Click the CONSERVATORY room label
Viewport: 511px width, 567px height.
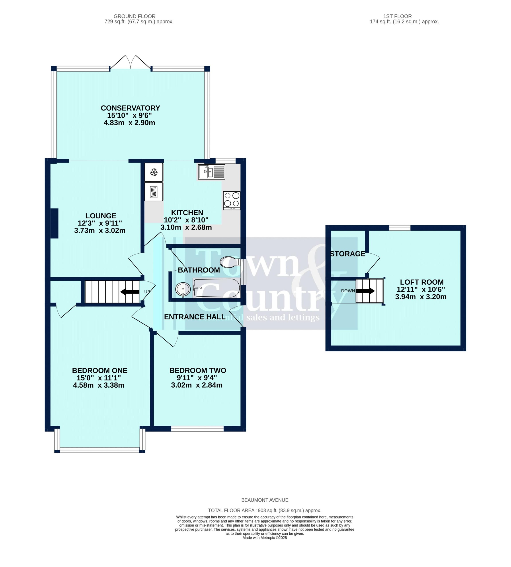coord(130,108)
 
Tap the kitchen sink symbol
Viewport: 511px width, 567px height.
coord(211,172)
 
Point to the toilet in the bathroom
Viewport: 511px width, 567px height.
coord(230,262)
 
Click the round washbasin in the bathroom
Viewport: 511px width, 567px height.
coord(183,289)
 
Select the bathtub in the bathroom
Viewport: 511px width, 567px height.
coord(216,288)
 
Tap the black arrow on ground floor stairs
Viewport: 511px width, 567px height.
coord(130,292)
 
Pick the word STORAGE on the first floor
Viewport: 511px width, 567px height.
coord(348,254)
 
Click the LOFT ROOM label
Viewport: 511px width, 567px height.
coord(422,282)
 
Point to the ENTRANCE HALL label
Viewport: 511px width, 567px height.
coord(195,317)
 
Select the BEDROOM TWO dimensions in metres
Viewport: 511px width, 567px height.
coord(197,385)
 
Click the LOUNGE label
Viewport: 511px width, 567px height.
coord(101,216)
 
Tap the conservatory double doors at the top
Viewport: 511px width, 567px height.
coord(131,62)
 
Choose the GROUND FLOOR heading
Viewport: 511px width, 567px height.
coord(135,16)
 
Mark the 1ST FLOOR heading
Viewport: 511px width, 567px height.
coord(398,16)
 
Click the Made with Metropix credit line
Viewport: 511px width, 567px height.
coord(265,538)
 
